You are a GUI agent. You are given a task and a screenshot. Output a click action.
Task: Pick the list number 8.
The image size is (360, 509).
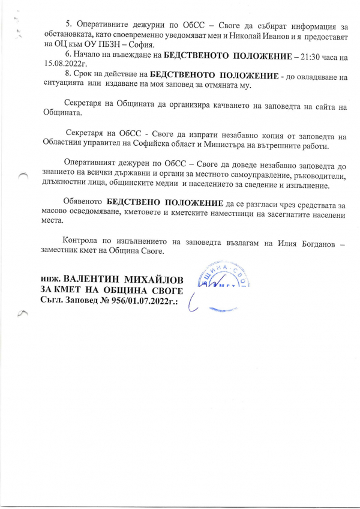tap(68, 76)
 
